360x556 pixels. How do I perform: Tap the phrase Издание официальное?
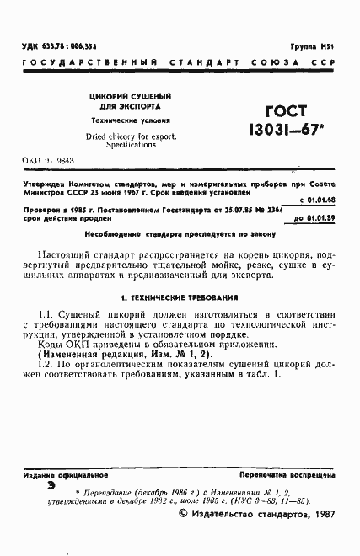point(59,477)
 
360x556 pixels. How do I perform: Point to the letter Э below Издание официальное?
point(51,488)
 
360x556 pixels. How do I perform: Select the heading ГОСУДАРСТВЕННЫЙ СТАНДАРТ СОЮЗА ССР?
point(179,63)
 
